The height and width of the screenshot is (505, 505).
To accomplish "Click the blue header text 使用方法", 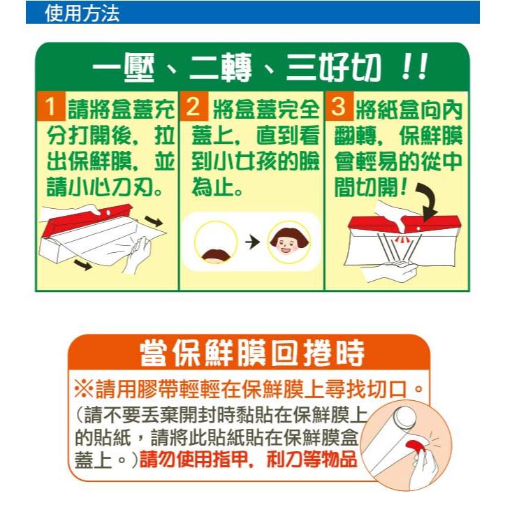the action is point(82,13).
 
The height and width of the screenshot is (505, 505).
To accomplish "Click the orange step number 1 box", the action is point(51,106).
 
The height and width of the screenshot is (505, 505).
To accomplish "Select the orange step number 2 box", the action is point(193,106).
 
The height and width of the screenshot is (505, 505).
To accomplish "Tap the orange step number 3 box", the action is point(339,106).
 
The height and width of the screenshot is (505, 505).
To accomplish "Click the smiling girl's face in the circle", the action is point(288,242).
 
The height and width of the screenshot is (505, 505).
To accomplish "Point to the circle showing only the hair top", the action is point(215,242).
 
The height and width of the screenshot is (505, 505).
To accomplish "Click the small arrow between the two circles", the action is point(252,242).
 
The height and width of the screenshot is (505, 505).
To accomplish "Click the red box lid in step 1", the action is point(87,219).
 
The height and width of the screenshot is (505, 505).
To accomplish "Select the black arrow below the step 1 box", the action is point(82,265).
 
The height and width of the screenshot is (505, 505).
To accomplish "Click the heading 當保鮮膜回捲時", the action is point(252,353).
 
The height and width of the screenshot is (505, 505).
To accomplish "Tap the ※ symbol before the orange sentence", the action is point(84,389).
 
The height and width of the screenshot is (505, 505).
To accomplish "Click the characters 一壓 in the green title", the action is point(124,68).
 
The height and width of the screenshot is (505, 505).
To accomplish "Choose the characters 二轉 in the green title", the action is point(220,68).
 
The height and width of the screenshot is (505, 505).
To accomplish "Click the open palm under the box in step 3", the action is point(391,270).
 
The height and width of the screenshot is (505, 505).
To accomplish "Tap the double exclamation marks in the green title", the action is point(414,67).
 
